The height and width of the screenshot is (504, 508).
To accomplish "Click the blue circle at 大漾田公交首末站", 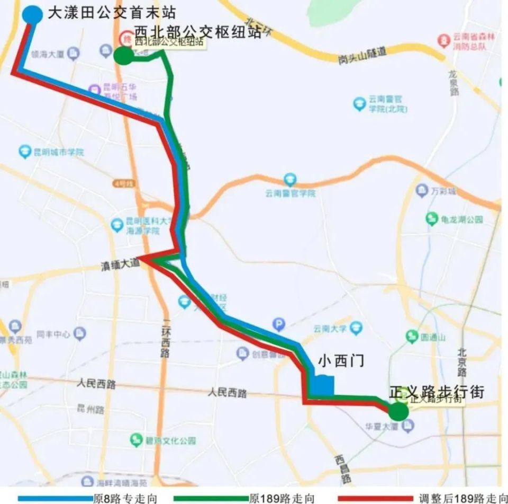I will click(32, 14).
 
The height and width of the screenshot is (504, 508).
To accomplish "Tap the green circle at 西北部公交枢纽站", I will click(124, 55).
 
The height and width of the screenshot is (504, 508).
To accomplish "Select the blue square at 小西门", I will click(322, 386).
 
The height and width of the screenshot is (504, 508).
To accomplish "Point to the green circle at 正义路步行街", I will click(398, 411).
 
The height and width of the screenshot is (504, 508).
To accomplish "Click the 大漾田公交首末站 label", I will click(112, 13).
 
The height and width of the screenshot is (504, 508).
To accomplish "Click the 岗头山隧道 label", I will click(362, 55).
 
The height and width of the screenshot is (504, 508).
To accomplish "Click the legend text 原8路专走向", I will click(125, 498).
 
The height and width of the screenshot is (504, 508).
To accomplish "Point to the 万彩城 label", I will click(443, 190).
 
